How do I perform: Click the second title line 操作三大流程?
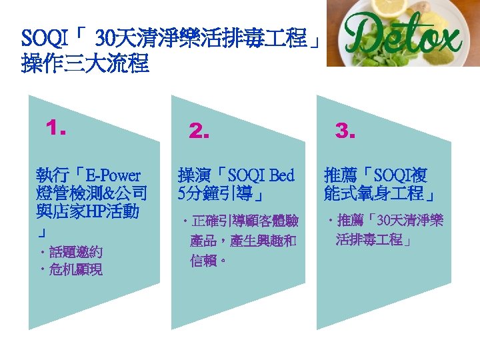point(85,65)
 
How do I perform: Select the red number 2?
point(199,131)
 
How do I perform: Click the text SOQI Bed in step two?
point(261,176)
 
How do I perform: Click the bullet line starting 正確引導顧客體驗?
point(244,221)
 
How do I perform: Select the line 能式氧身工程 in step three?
point(378,194)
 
